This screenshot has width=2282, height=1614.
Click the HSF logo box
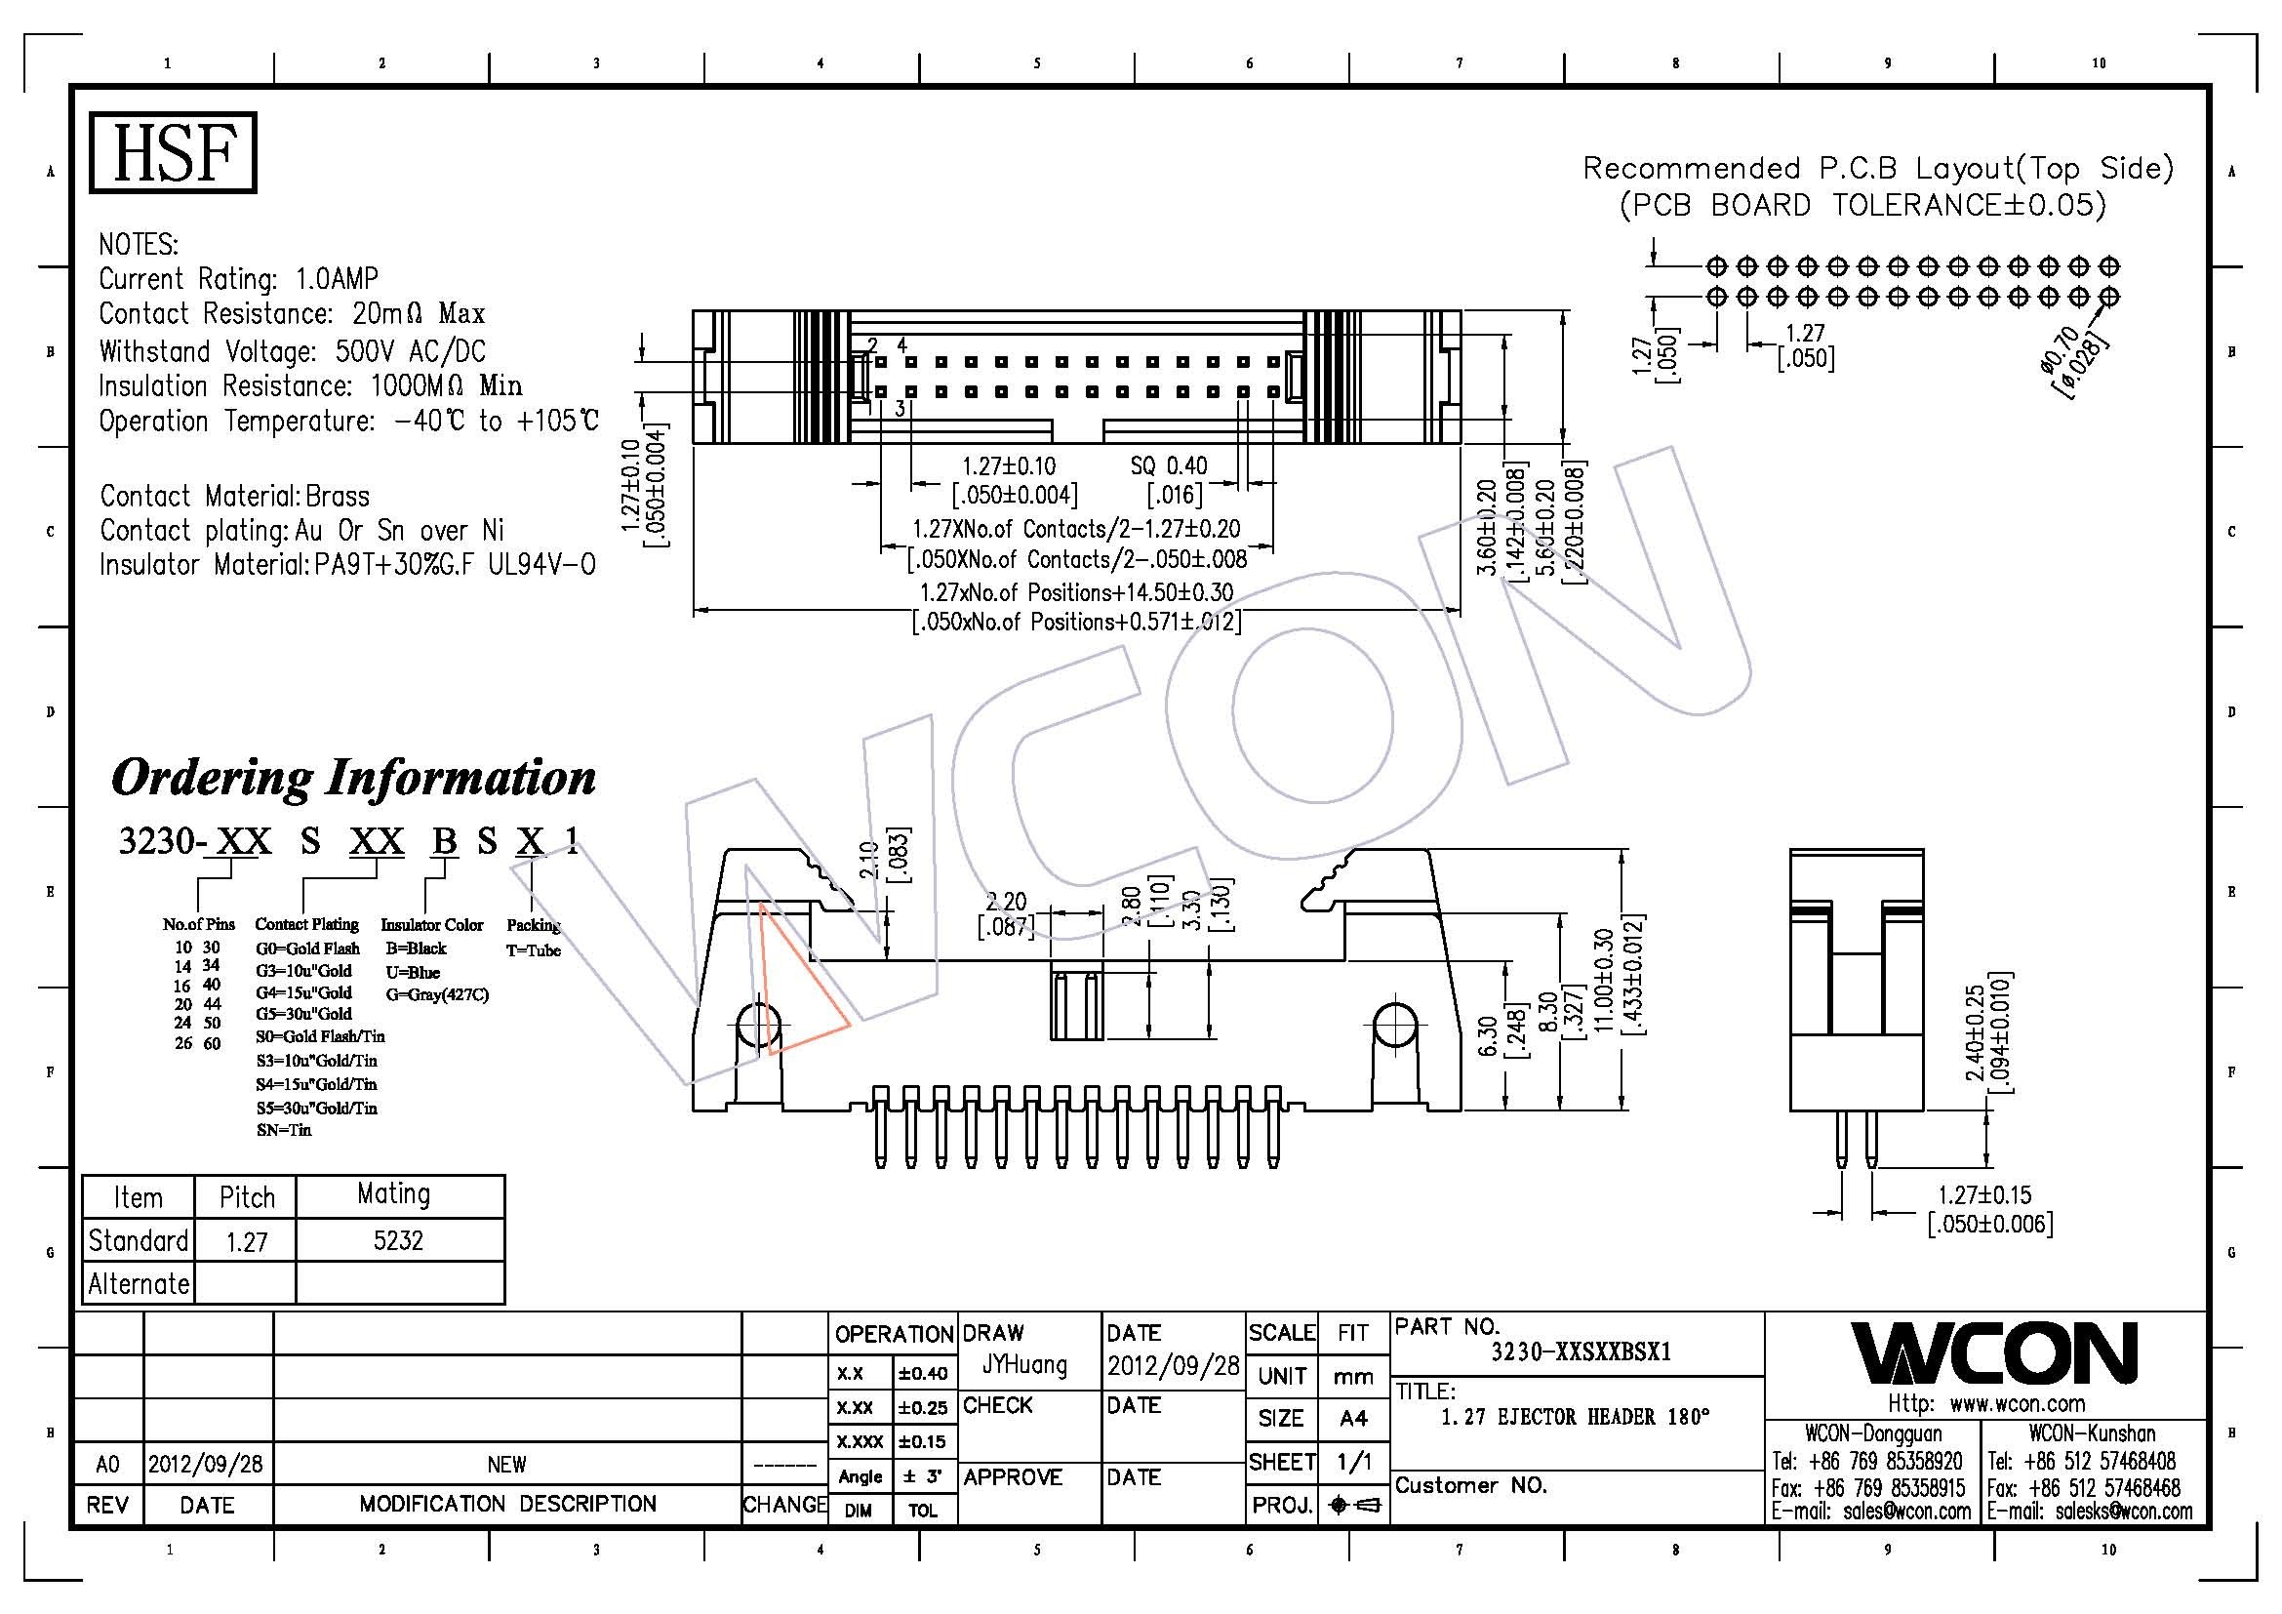tap(173, 152)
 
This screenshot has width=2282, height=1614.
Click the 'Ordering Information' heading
tap(354, 777)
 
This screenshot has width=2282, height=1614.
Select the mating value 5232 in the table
tap(399, 1240)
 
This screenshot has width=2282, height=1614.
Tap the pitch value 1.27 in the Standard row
tap(247, 1241)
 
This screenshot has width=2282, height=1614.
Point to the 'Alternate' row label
tap(139, 1284)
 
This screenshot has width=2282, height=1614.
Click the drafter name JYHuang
tap(1024, 1365)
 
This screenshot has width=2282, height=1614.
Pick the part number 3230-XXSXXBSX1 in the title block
tap(1581, 1352)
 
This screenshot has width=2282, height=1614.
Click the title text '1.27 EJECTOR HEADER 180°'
tap(1576, 1416)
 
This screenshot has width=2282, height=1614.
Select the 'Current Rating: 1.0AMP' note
tap(238, 278)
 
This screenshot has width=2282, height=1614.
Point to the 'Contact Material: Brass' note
tap(234, 496)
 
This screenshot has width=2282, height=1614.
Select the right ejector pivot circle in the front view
tap(1395, 1025)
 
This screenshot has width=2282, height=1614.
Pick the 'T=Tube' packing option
tap(534, 950)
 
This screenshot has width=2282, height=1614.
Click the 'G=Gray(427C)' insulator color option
tap(437, 993)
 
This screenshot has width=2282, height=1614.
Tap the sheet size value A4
tap(1352, 1418)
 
